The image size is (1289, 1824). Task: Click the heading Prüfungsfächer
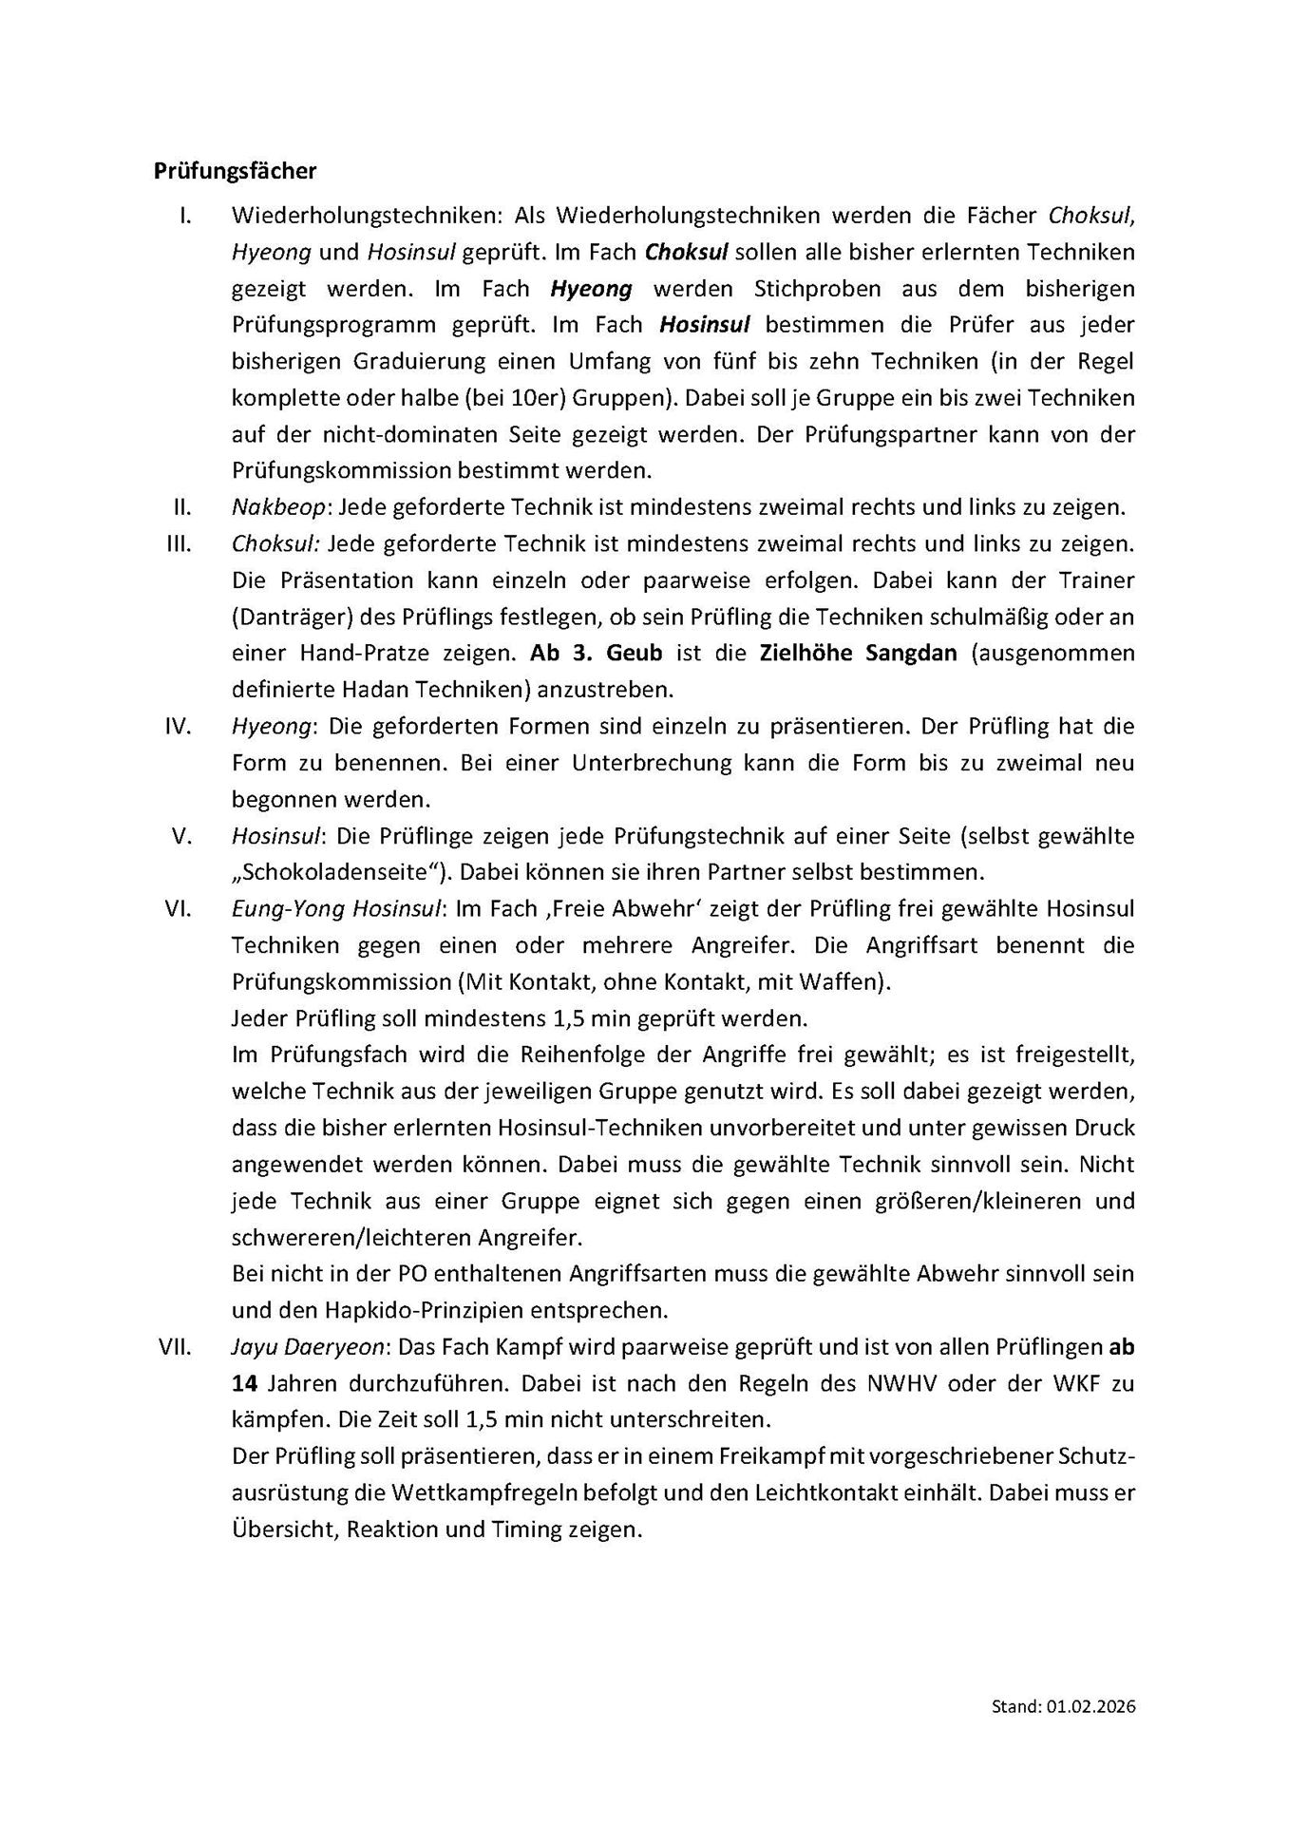pos(235,171)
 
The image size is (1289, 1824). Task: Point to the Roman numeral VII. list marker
pos(176,1346)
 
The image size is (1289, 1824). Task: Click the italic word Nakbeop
pos(278,507)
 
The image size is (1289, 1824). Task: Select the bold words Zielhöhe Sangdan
pos(858,654)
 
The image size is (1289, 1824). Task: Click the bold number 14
pos(241,1383)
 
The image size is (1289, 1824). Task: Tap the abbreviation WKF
pos(1077,1383)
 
